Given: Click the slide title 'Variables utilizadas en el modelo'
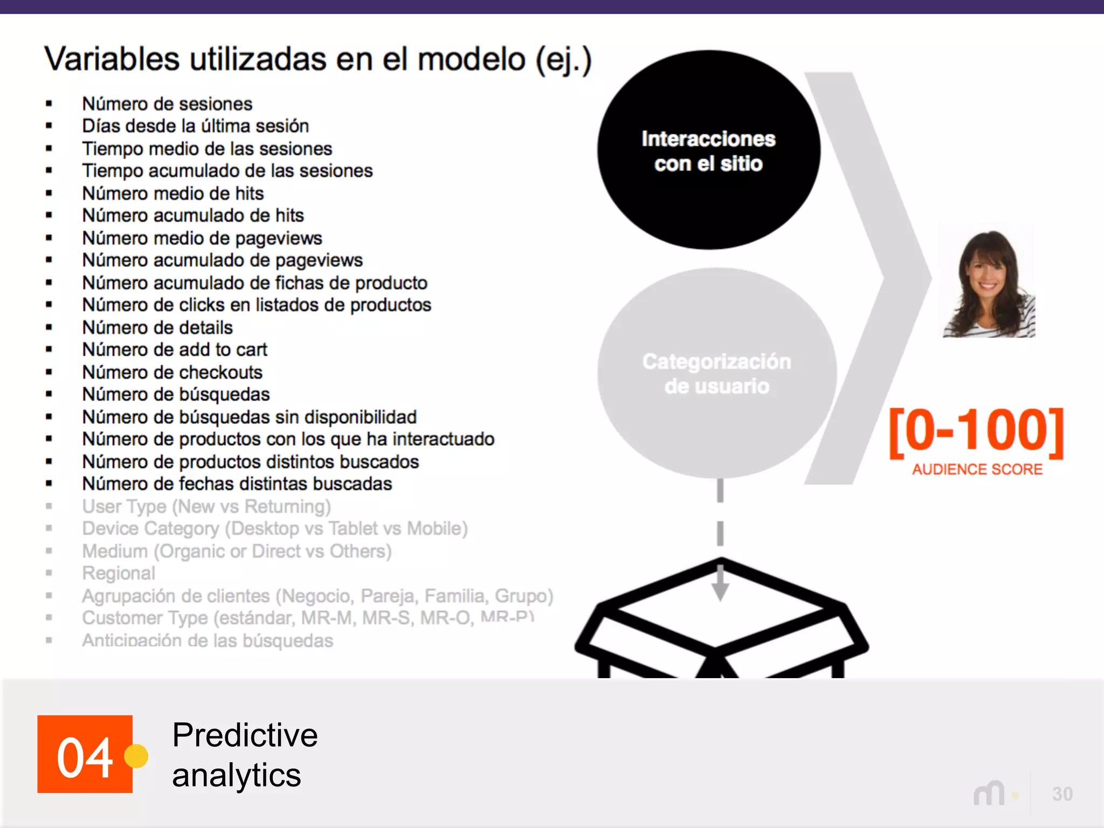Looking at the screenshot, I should [318, 59].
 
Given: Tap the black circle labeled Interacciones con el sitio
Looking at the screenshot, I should [708, 151].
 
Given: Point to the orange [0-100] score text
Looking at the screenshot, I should [976, 431].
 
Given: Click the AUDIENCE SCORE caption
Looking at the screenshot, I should [977, 470].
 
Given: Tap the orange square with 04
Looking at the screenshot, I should [85, 754].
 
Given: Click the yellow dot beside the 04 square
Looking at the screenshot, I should [136, 756].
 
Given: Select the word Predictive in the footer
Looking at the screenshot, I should [245, 735].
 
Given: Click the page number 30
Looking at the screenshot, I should [1062, 794].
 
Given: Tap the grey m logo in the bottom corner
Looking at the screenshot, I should [989, 794].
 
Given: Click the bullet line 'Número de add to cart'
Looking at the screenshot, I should [175, 350].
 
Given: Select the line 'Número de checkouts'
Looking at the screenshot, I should [172, 372].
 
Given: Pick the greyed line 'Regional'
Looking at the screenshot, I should [119, 573].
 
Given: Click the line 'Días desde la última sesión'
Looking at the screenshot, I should [195, 126].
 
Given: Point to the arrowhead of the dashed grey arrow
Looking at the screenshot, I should [720, 591].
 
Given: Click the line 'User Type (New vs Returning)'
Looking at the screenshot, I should [206, 507].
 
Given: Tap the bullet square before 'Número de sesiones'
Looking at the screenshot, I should [49, 103].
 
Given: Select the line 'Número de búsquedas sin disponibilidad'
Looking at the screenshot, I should [249, 417].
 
